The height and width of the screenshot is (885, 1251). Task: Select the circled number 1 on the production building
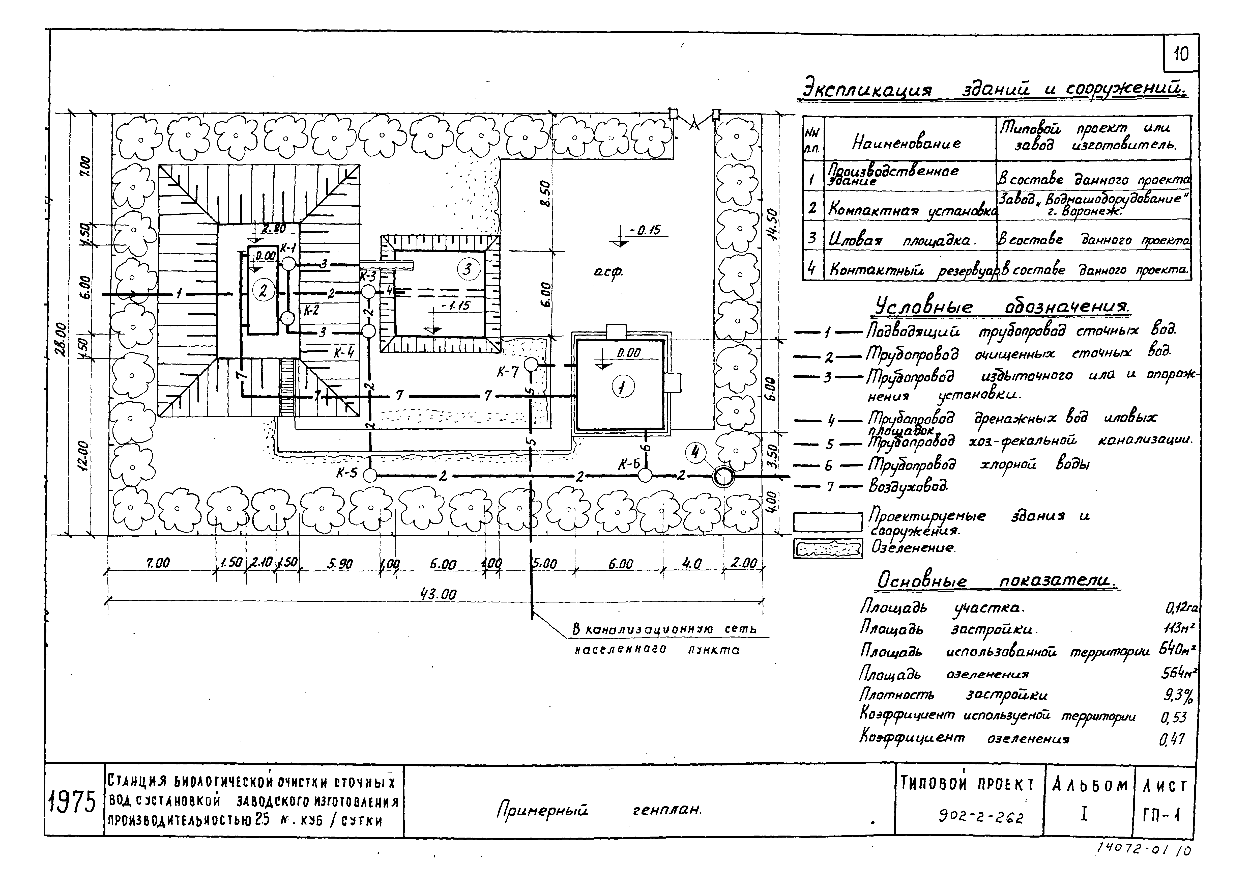[x=623, y=388]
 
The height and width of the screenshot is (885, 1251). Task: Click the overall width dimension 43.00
[x=438, y=595]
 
